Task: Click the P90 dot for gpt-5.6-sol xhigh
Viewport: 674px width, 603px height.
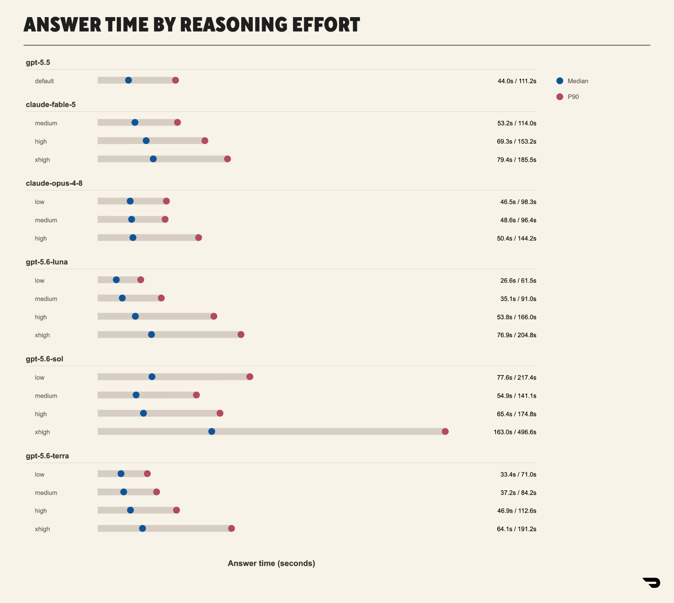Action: click(x=445, y=431)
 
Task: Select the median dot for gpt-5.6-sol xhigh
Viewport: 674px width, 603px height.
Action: click(x=212, y=431)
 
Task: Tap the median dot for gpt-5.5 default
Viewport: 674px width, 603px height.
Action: click(x=128, y=80)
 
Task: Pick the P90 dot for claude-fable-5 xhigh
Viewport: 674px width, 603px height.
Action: click(x=227, y=159)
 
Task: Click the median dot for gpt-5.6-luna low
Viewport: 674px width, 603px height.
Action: click(x=116, y=280)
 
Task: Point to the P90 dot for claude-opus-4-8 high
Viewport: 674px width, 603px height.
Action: click(x=199, y=237)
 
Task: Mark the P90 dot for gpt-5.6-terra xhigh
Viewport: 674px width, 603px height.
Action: click(x=231, y=529)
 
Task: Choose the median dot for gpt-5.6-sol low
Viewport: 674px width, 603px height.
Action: click(x=152, y=377)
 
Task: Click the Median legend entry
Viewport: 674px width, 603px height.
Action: click(x=572, y=81)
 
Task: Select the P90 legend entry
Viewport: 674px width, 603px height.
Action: click(x=568, y=97)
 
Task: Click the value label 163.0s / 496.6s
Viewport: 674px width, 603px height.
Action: click(x=515, y=432)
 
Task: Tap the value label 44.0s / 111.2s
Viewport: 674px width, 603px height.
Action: click(x=517, y=81)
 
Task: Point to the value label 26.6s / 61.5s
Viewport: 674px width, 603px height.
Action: click(x=518, y=281)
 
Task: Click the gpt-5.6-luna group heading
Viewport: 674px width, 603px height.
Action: click(x=47, y=262)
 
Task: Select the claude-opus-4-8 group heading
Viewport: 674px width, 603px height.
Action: click(x=54, y=183)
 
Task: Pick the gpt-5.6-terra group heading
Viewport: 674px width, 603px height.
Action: click(x=47, y=456)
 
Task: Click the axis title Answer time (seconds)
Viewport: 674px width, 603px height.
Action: click(x=272, y=563)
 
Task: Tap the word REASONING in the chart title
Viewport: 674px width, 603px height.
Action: click(x=234, y=25)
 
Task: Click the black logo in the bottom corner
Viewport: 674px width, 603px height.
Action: click(x=652, y=583)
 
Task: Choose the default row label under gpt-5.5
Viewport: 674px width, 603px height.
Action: click(x=44, y=81)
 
